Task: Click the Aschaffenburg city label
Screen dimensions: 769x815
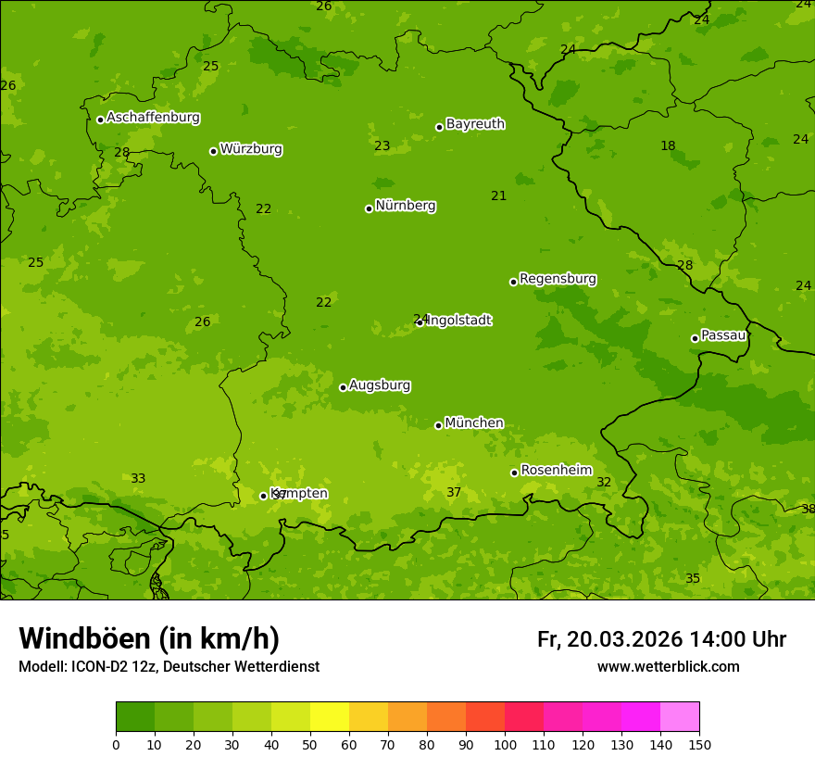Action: (153, 118)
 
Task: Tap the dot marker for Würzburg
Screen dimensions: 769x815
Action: (213, 151)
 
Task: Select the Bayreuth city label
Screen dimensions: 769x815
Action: (475, 124)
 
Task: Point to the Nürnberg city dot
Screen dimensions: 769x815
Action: (369, 208)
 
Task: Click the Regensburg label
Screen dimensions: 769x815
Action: (558, 279)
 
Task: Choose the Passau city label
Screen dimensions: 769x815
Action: (723, 335)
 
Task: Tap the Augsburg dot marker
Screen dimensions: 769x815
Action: (343, 387)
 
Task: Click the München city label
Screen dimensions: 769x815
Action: (474, 423)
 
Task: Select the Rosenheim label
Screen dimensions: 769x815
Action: (556, 471)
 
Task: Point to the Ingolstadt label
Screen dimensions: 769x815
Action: (458, 321)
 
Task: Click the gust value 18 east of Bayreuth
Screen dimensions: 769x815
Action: (668, 146)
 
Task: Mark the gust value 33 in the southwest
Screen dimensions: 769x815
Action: (138, 479)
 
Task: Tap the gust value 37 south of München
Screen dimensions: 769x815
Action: (454, 493)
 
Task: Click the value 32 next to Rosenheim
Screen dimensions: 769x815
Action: (604, 483)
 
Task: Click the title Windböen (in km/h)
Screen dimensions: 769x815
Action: (149, 638)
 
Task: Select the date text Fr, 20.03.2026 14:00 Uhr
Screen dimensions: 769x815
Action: (661, 639)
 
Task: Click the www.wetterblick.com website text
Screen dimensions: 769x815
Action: (668, 667)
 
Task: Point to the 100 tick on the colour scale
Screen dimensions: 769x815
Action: (505, 744)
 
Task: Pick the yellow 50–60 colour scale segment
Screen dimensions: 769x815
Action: (330, 717)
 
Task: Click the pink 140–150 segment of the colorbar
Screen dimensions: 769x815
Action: (680, 717)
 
